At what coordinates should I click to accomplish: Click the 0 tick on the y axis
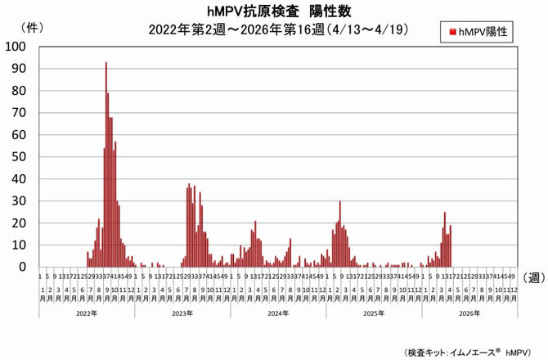coord(22,267)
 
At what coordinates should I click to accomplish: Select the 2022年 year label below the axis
coord(87,313)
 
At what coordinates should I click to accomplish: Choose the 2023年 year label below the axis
coord(182,313)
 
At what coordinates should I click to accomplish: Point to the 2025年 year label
coord(374,313)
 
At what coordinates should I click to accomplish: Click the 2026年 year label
coord(469,313)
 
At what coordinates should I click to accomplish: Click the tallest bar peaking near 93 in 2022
coord(106,164)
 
